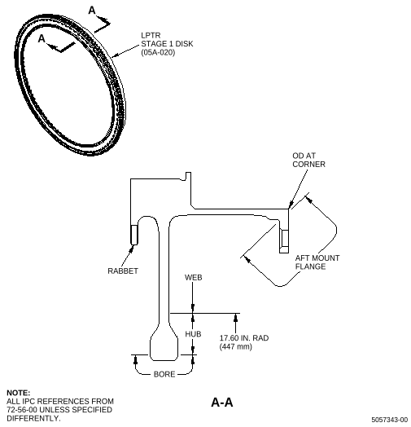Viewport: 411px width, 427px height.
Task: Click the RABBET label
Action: pos(123,271)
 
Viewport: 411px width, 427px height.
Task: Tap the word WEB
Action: pos(194,278)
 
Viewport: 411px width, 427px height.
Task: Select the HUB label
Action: pos(193,334)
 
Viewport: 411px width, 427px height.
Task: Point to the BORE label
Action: pos(164,375)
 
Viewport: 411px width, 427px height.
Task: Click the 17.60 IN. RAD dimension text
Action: pos(244,338)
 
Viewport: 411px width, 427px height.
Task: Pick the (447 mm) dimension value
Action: pos(235,346)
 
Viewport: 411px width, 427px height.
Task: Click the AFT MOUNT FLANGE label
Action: pos(317,262)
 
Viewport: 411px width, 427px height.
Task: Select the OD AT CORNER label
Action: pos(308,160)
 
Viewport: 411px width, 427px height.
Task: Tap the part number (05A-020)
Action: pos(158,52)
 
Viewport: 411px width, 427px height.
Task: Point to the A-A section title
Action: pos(222,403)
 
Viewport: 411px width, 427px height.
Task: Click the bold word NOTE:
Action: pos(18,393)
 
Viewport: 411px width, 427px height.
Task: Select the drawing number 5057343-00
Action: pos(390,420)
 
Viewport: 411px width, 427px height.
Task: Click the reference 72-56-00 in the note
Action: pos(22,410)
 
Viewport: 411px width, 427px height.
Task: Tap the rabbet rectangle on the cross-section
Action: pos(134,235)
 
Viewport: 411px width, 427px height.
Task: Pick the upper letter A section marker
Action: pos(92,11)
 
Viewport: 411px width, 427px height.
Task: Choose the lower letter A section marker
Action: pos(42,38)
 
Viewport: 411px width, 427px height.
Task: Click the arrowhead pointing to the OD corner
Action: pos(291,205)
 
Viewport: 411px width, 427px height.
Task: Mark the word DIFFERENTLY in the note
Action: pos(33,418)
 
